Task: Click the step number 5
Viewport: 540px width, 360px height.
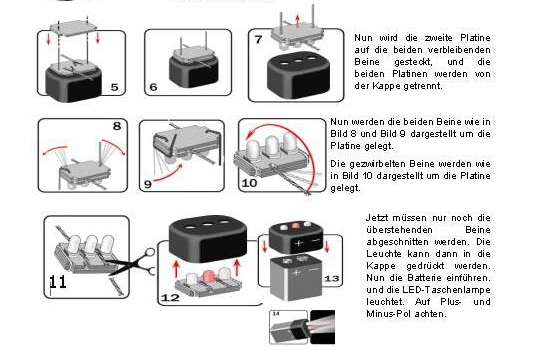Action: click(x=114, y=87)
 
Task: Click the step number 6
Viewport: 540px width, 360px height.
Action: click(x=153, y=87)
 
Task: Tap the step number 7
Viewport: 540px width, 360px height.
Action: click(x=258, y=40)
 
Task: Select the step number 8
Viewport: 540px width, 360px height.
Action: click(x=117, y=126)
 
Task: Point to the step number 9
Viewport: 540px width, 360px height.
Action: click(x=148, y=184)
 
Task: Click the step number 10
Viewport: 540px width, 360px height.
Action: click(x=249, y=183)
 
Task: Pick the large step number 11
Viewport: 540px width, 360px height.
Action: click(x=58, y=282)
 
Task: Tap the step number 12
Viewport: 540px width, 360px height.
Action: click(x=170, y=297)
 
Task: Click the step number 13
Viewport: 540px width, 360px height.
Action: click(x=331, y=278)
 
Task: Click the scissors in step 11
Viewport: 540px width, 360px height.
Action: click(x=133, y=263)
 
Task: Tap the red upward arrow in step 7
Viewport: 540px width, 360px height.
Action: click(x=298, y=20)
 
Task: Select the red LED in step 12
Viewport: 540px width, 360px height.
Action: click(x=208, y=277)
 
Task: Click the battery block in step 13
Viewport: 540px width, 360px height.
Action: click(x=296, y=278)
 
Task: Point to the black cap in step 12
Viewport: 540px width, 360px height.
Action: click(x=208, y=238)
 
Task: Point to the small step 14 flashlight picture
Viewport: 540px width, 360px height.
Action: click(x=302, y=327)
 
